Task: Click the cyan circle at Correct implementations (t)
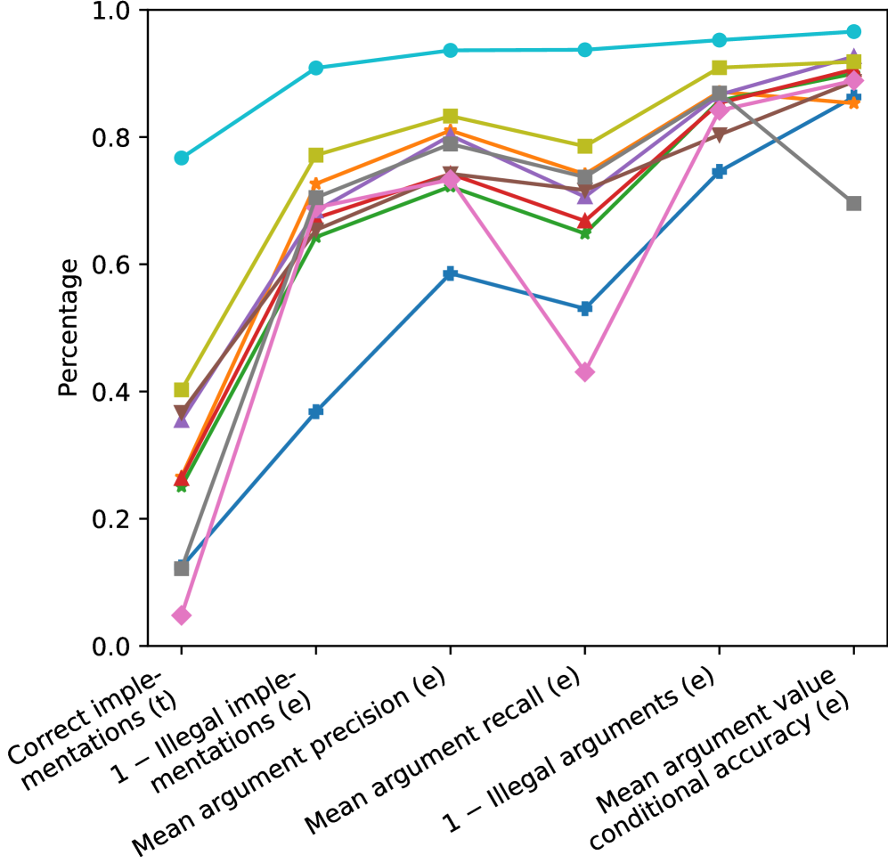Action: click(182, 158)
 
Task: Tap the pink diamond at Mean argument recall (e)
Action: click(584, 372)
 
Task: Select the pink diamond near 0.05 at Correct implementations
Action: click(182, 615)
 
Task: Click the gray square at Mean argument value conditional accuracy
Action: click(853, 203)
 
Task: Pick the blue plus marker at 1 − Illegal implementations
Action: click(315, 411)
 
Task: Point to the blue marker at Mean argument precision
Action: click(450, 273)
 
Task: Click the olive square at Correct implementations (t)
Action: click(182, 389)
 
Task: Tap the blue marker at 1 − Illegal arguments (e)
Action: click(719, 171)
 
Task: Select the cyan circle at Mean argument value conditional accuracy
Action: click(853, 32)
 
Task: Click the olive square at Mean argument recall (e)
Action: click(584, 146)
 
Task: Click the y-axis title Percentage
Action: click(68, 328)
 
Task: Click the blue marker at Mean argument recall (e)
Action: click(584, 308)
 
